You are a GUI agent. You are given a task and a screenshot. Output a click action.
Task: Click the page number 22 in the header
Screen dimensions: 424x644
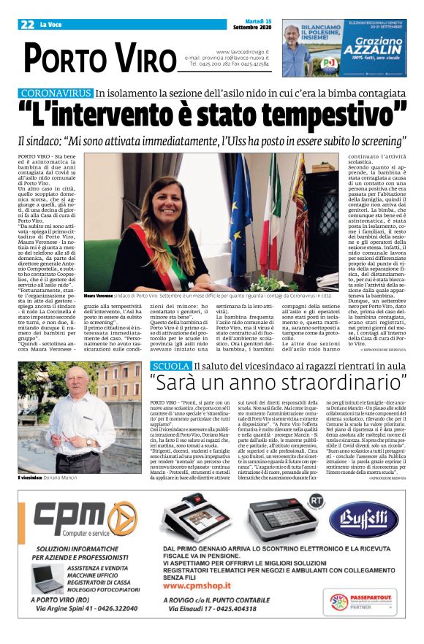tap(28, 23)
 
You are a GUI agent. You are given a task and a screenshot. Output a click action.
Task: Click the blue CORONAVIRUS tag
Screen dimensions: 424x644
tap(56, 93)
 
